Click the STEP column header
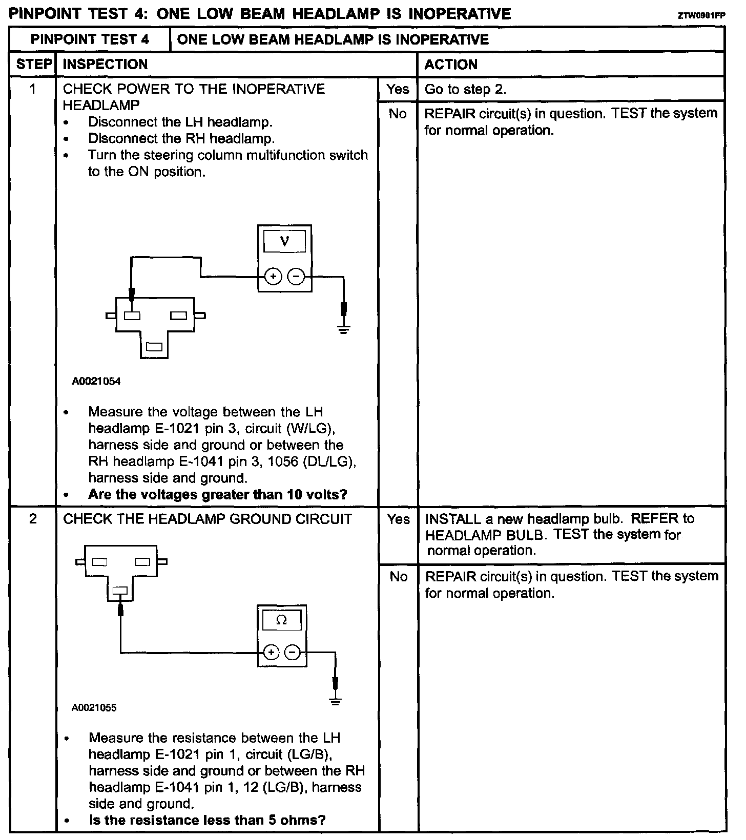pyautogui.click(x=34, y=65)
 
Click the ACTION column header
pyautogui.click(x=451, y=65)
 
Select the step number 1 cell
pyautogui.click(x=33, y=89)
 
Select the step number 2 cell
pyautogui.click(x=33, y=519)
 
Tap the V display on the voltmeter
pyautogui.click(x=284, y=241)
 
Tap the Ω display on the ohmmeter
pyautogui.click(x=282, y=620)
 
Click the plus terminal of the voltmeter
pyautogui.click(x=273, y=277)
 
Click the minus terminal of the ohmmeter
pyautogui.click(x=292, y=653)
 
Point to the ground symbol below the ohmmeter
pyautogui.click(x=336, y=701)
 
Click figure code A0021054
pyautogui.click(x=96, y=382)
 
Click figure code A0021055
pyautogui.click(x=94, y=708)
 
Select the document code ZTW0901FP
pyautogui.click(x=701, y=15)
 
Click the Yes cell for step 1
pyautogui.click(x=398, y=89)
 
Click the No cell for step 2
pyautogui.click(x=398, y=577)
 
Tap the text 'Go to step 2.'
pyautogui.click(x=465, y=89)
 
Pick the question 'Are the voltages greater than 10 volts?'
pyautogui.click(x=218, y=495)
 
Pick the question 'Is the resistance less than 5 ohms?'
pyautogui.click(x=208, y=821)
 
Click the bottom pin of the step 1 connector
pyautogui.click(x=154, y=347)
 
